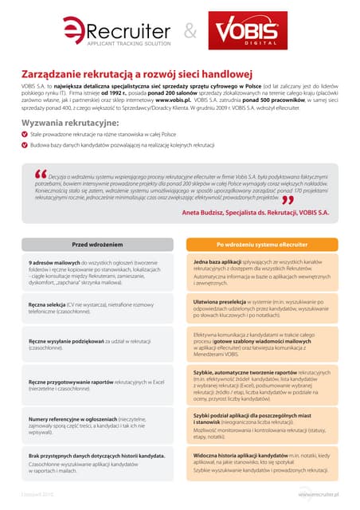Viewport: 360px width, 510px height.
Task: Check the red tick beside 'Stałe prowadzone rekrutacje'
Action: click(x=25, y=135)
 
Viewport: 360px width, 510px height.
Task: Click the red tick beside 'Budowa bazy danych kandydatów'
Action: click(x=25, y=145)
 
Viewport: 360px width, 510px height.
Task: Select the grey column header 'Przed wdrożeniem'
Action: click(x=98, y=245)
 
